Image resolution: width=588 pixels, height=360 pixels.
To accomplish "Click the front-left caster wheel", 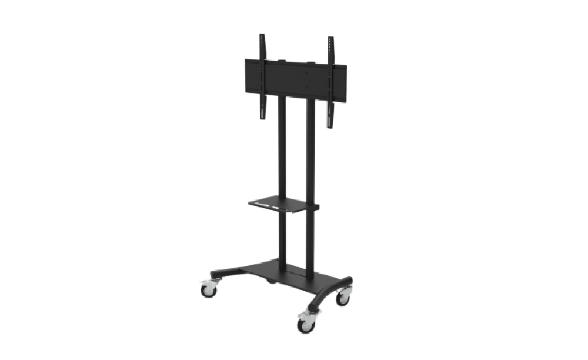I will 209,292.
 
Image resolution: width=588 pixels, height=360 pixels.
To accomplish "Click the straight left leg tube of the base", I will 226,272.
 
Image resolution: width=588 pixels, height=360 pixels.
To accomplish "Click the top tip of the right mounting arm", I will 330,39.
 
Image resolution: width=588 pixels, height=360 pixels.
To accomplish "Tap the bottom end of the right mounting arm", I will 330,125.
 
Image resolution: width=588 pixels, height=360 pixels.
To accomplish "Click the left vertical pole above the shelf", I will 283,147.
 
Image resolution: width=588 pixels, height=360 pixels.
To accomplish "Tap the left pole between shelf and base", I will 283,241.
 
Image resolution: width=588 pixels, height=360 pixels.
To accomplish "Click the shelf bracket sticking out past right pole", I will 316,207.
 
